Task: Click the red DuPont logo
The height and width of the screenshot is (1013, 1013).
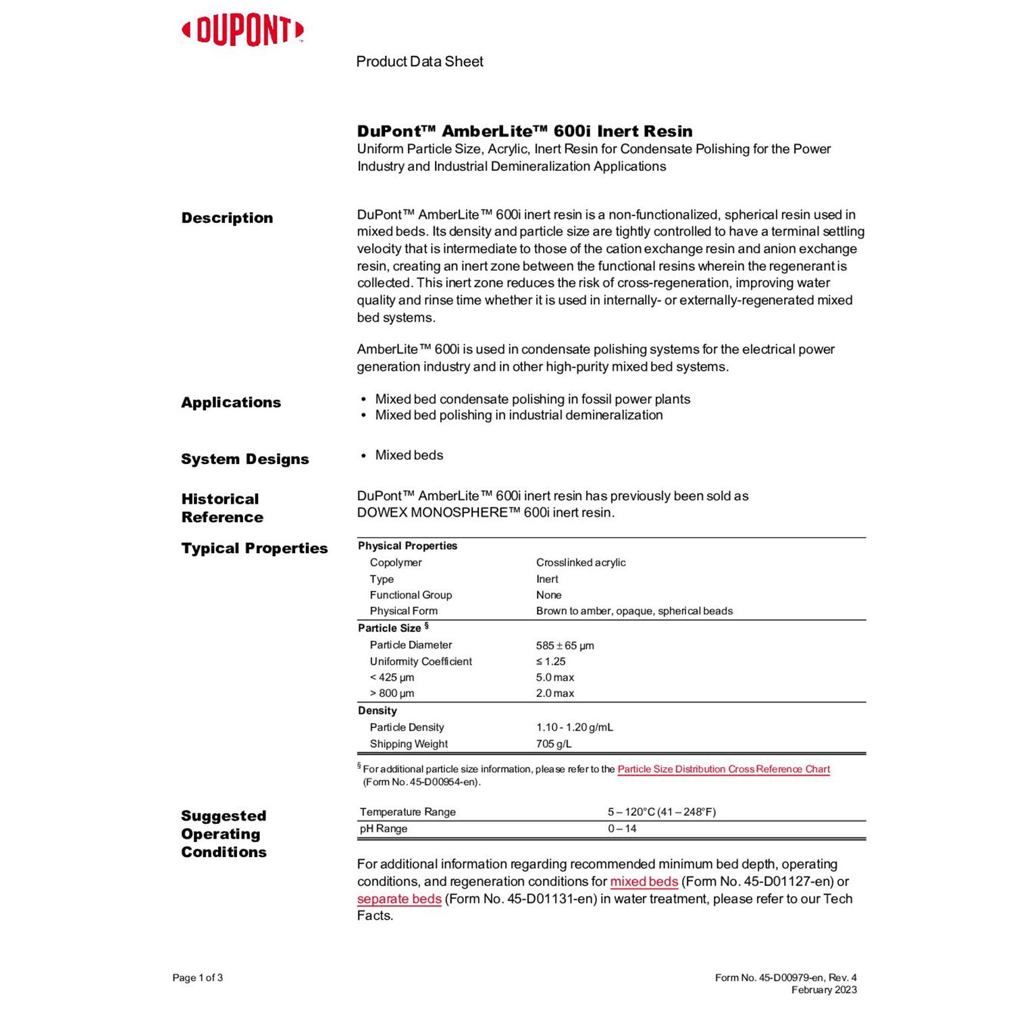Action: pyautogui.click(x=242, y=31)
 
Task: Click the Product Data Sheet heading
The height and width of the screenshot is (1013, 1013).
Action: pyautogui.click(x=419, y=61)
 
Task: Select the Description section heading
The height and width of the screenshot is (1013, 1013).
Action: pyautogui.click(x=227, y=218)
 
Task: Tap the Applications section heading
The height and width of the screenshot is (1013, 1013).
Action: pyautogui.click(x=231, y=402)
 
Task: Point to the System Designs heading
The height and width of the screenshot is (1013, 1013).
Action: pyautogui.click(x=244, y=459)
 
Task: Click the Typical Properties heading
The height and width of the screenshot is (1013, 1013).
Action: pyautogui.click(x=254, y=548)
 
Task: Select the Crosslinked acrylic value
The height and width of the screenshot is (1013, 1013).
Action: pyautogui.click(x=581, y=563)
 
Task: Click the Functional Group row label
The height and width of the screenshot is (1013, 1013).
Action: pyautogui.click(x=411, y=595)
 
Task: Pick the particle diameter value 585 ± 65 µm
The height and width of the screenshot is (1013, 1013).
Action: pyautogui.click(x=565, y=646)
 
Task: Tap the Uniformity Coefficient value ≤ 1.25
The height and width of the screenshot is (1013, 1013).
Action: pyautogui.click(x=550, y=662)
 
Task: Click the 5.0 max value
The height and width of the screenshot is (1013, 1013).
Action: pyautogui.click(x=554, y=677)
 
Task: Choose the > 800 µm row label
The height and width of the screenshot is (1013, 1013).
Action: pyautogui.click(x=392, y=694)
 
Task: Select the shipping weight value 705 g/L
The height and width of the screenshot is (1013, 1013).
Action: pyautogui.click(x=554, y=744)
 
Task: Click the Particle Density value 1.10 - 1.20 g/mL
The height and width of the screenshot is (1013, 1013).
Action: pyautogui.click(x=574, y=727)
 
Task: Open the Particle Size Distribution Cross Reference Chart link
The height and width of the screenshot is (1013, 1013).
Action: pyautogui.click(x=723, y=769)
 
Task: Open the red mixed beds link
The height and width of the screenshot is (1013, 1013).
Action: pyautogui.click(x=644, y=882)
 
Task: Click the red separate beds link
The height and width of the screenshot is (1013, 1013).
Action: pyautogui.click(x=399, y=900)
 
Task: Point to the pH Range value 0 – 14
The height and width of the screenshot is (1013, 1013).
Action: pyautogui.click(x=622, y=829)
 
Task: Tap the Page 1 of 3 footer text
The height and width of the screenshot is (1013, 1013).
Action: pyautogui.click(x=197, y=978)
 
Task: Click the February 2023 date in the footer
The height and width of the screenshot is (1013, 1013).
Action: pyautogui.click(x=824, y=990)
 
